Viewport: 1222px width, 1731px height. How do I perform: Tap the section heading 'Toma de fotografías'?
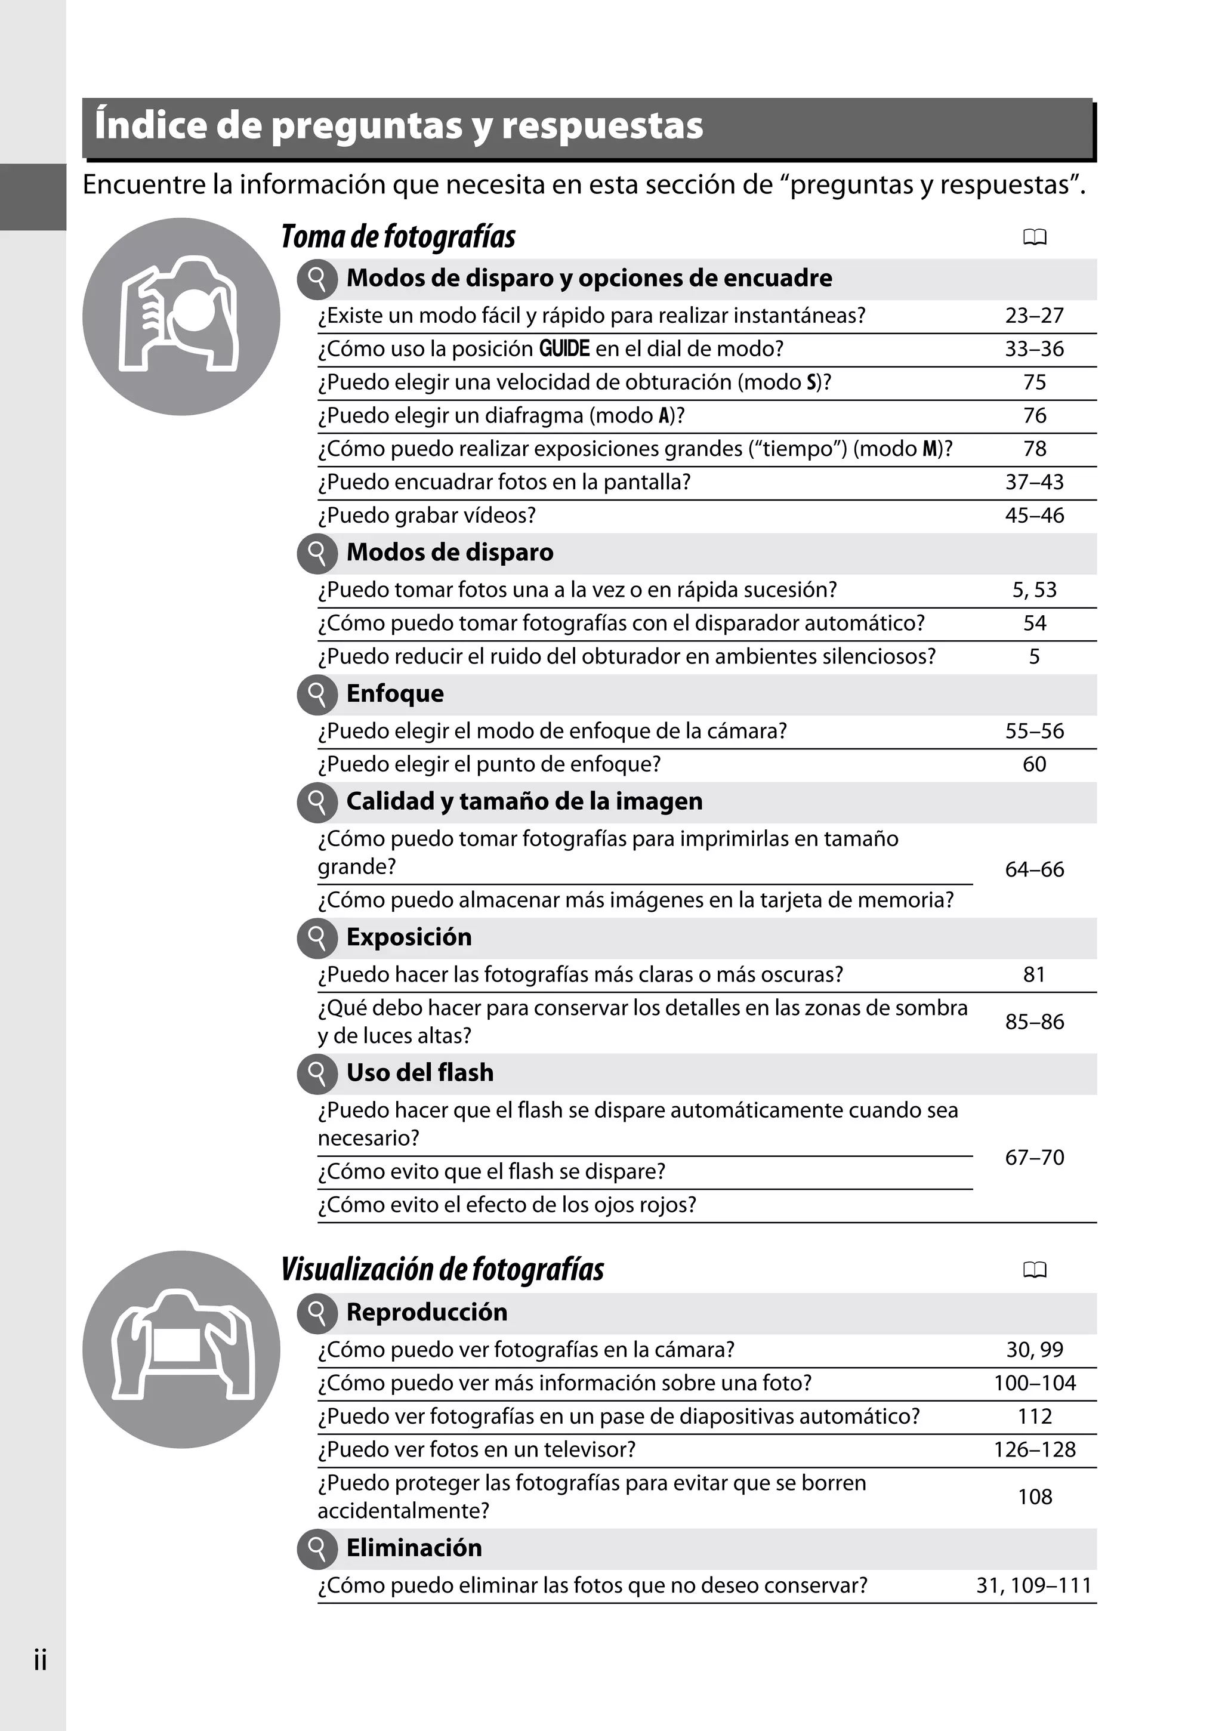tap(398, 237)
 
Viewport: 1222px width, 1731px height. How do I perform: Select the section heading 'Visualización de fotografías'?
tap(443, 1270)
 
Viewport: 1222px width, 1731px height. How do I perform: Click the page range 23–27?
tap(1033, 316)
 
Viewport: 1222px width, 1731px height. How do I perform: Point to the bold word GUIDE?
tap(564, 349)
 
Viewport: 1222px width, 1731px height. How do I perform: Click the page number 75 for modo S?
tap(1034, 382)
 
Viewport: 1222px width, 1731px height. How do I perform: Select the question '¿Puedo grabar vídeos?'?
tap(427, 516)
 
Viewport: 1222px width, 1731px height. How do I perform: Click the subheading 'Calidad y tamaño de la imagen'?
tap(524, 801)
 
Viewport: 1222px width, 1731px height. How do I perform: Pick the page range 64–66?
tap(1034, 870)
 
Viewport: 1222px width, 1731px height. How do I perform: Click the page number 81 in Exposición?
tap(1034, 975)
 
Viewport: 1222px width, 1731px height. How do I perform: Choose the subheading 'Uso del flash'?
tap(420, 1073)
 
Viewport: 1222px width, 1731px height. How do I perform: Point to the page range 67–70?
tap(1034, 1157)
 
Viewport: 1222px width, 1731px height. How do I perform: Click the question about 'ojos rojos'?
tap(507, 1205)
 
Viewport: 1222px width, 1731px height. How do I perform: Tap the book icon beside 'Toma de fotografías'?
tap(1034, 237)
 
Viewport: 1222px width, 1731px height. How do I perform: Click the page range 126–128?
tap(1034, 1450)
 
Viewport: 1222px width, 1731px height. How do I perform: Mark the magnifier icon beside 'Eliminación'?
tap(317, 1548)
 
